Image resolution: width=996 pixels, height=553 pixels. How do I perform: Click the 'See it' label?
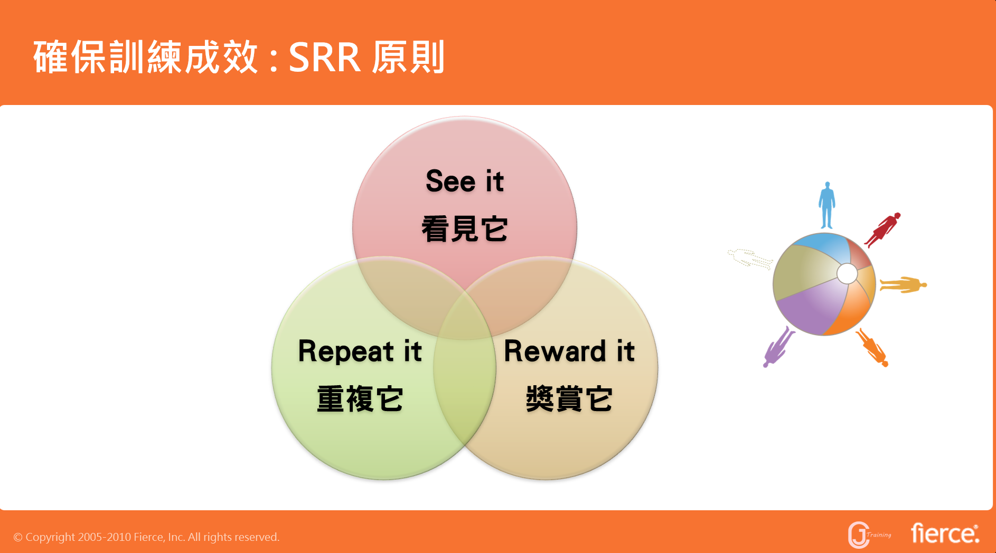click(x=465, y=181)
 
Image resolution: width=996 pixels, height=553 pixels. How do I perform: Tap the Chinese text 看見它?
click(x=465, y=229)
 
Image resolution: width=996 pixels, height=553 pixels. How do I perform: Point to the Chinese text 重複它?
click(x=360, y=399)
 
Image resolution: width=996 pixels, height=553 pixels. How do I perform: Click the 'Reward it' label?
click(x=569, y=351)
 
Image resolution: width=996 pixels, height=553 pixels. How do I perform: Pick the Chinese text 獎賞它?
click(x=569, y=399)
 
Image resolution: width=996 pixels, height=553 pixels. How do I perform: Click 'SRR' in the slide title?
click(x=324, y=58)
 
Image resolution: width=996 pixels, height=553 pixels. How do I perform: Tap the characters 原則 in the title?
click(x=408, y=57)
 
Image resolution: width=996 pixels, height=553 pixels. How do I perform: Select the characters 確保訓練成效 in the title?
click(x=146, y=57)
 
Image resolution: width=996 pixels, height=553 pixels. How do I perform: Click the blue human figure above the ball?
click(x=826, y=205)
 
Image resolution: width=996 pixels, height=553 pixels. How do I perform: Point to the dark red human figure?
click(x=883, y=230)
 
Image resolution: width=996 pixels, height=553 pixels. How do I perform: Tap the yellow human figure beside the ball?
click(x=903, y=285)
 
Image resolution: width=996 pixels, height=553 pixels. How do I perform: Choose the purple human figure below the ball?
click(x=778, y=347)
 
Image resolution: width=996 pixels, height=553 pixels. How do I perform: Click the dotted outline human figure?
click(x=750, y=259)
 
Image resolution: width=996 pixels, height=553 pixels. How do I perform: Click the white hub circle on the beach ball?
click(x=847, y=273)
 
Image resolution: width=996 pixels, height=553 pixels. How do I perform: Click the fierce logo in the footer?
click(x=945, y=533)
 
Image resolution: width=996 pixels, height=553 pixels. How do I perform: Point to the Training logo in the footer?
click(x=869, y=535)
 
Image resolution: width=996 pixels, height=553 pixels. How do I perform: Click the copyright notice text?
click(x=146, y=537)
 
